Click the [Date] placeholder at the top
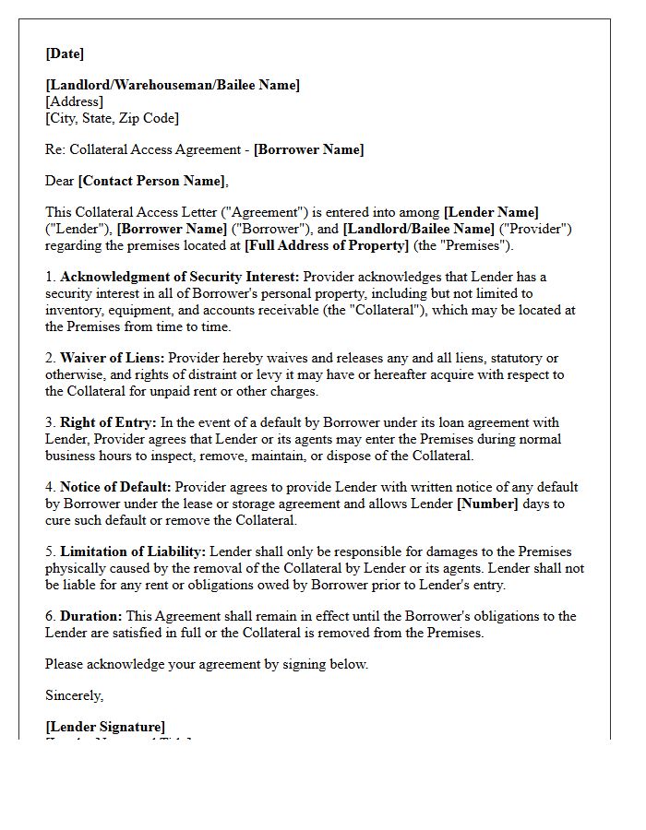point(65,53)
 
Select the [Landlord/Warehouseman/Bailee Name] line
point(173,85)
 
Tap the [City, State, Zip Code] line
point(112,118)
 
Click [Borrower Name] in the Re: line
point(308,149)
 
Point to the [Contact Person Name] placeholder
point(151,181)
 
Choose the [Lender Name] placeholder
point(491,212)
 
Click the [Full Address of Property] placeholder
point(326,245)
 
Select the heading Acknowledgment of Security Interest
point(180,277)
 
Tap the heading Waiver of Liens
point(113,358)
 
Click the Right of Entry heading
point(108,422)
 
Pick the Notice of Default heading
point(115,487)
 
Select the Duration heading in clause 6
point(90,616)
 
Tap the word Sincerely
point(74,695)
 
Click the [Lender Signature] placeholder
point(105,727)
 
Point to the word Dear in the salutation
point(60,181)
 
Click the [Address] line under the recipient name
point(74,101)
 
